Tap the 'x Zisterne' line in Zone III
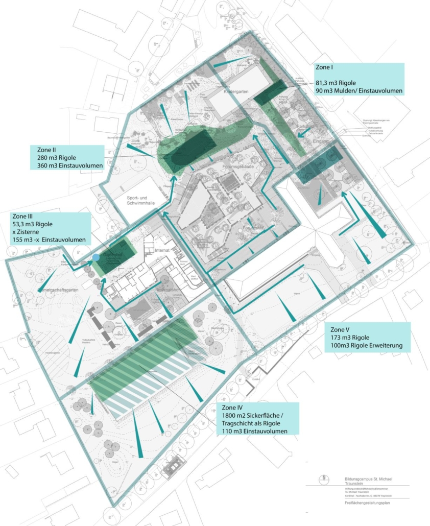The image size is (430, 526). tap(26, 232)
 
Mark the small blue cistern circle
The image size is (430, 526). tap(95, 257)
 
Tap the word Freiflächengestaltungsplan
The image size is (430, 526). tap(363, 504)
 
